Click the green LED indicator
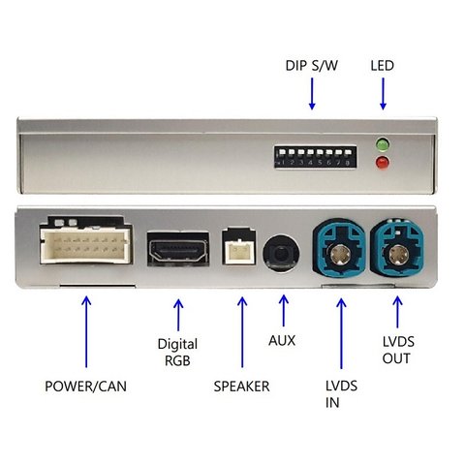tap(382, 144)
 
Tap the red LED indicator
tap(382, 163)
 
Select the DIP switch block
tap(315, 157)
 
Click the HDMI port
tap(178, 249)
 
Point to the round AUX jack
tap(281, 253)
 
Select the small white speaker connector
tap(238, 247)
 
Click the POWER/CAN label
tap(85, 387)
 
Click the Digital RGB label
tap(177, 353)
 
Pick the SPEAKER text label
tap(241, 387)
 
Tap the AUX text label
tap(282, 341)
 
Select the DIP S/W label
tap(312, 66)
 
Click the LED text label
tap(383, 66)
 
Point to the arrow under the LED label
tap(383, 94)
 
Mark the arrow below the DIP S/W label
tap(312, 94)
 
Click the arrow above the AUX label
tap(284, 310)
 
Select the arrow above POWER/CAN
tap(86, 331)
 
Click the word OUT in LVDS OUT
tap(396, 358)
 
